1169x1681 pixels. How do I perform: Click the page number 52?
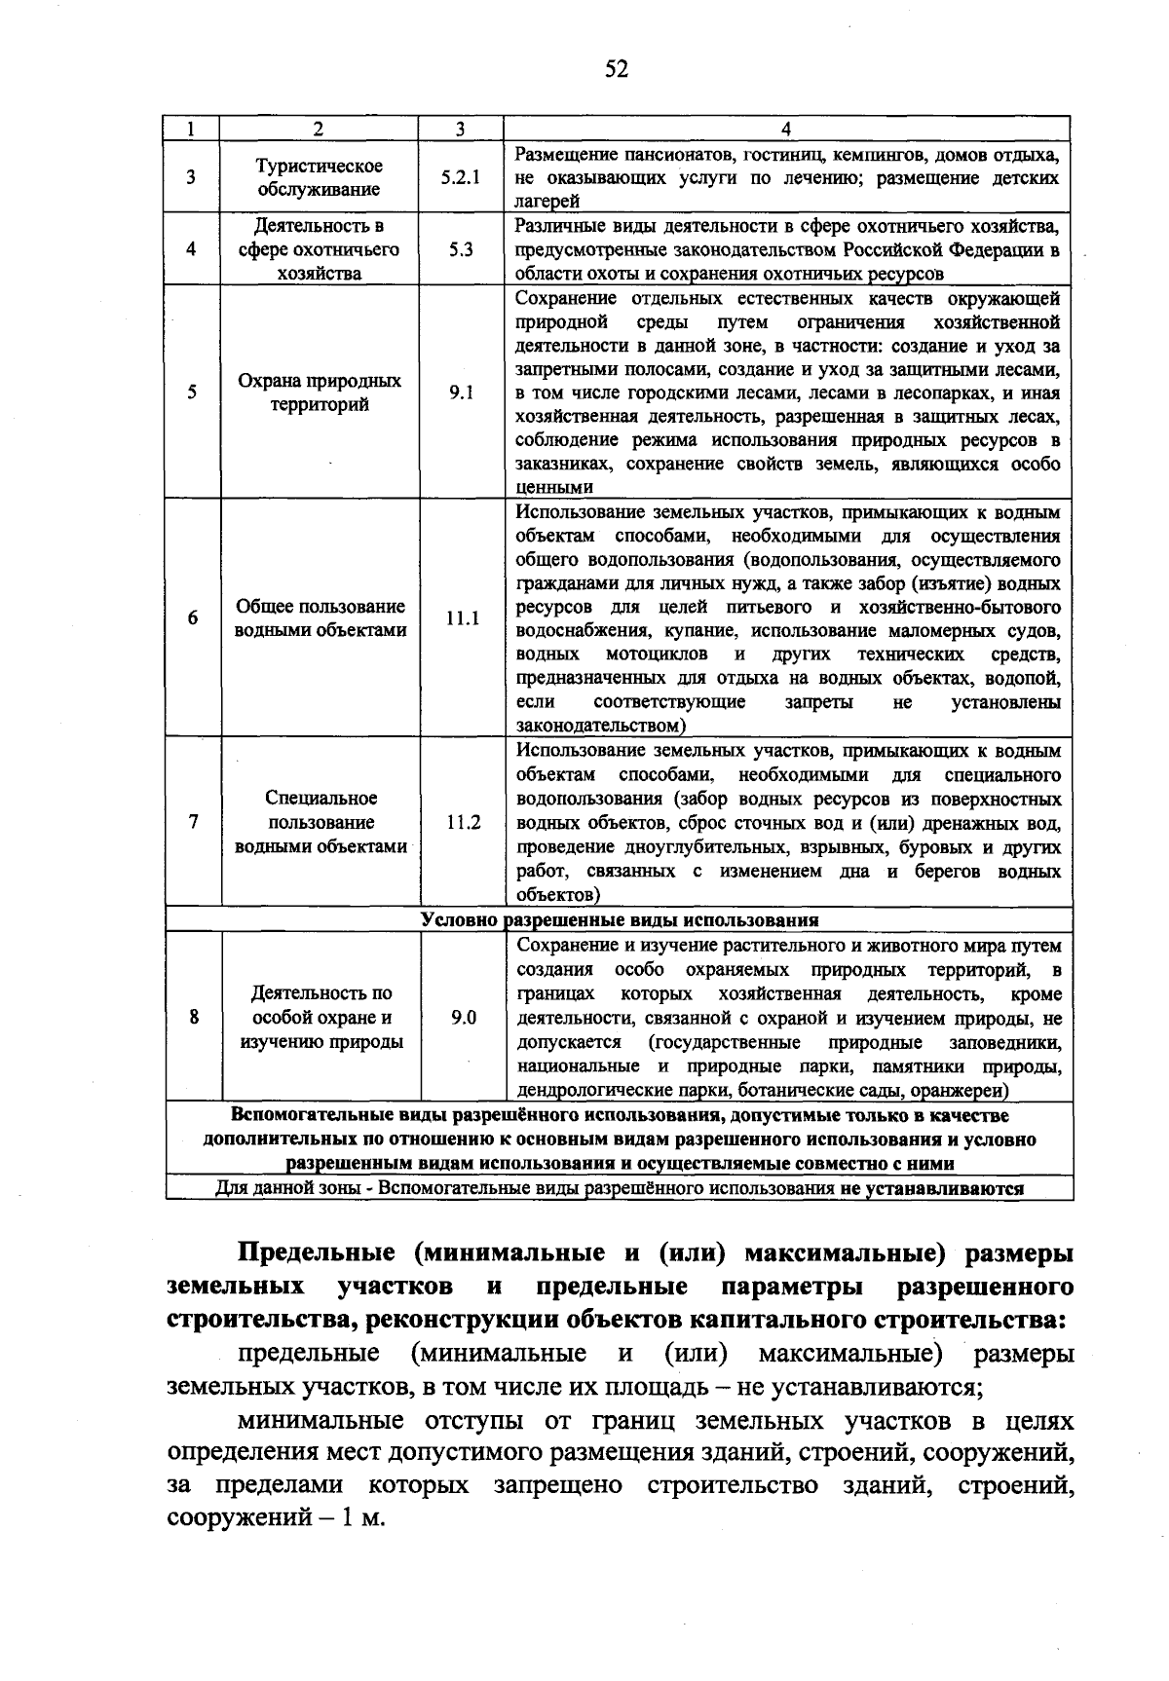click(617, 68)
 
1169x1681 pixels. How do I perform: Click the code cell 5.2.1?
click(461, 178)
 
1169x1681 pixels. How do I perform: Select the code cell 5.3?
click(461, 249)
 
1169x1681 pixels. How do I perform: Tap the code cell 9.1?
click(461, 392)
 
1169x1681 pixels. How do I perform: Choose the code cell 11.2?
click(464, 822)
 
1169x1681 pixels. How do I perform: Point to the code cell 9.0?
click(464, 1018)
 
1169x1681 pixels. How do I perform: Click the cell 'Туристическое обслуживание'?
click(320, 178)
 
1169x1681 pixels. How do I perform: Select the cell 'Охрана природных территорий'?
click(320, 392)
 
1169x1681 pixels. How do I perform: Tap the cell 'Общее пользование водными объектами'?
click(321, 618)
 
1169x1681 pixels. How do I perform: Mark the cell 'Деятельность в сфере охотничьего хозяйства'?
click(320, 249)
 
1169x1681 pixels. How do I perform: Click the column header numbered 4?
click(786, 129)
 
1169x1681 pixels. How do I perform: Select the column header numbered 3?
click(460, 129)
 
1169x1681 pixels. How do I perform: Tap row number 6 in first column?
click(193, 618)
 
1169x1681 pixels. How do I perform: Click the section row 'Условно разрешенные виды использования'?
click(620, 920)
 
